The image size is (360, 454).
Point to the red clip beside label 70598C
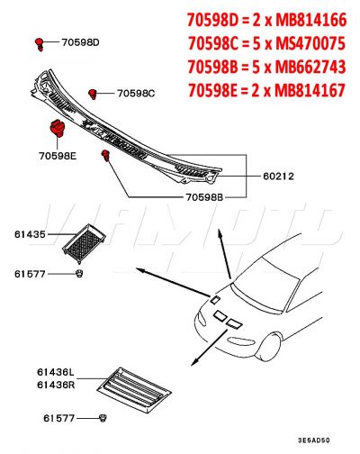[x=93, y=93]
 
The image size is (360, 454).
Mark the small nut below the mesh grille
[x=80, y=272]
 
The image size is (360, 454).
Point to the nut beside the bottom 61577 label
[x=103, y=418]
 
